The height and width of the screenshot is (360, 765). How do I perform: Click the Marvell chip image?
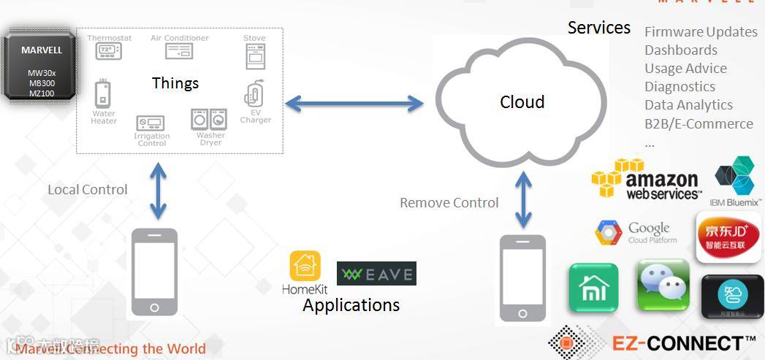point(41,64)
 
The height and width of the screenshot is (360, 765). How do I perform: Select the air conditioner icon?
point(179,51)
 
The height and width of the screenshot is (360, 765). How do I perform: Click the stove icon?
point(255,56)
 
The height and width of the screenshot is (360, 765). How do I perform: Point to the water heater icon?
point(103,95)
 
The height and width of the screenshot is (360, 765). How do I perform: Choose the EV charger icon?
point(254,94)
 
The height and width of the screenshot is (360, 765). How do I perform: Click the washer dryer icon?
point(209,119)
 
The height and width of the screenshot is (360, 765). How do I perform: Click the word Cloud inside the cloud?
point(522,102)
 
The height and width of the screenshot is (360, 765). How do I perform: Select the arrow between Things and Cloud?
point(354,104)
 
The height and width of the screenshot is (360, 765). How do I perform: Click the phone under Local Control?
point(154,271)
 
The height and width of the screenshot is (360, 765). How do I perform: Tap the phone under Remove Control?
point(522,278)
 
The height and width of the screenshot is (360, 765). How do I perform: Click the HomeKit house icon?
point(305,267)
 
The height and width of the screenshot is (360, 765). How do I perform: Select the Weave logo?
point(376,274)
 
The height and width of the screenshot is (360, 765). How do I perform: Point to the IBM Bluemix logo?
point(734,175)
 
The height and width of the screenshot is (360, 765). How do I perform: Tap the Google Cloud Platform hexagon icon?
point(608,232)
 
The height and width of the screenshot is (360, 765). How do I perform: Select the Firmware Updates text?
point(700,32)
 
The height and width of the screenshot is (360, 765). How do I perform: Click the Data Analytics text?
point(688,105)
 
